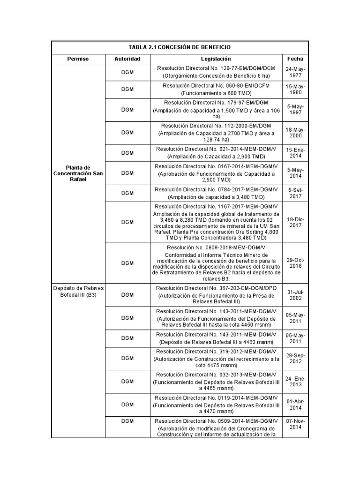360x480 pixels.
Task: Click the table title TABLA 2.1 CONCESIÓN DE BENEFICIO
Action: (180, 48)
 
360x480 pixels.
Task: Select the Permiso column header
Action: (78, 59)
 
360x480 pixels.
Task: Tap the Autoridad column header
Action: (127, 59)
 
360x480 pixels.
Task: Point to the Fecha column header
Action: (295, 59)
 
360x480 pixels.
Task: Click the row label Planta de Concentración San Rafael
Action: (78, 174)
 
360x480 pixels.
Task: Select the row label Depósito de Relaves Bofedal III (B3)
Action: (78, 292)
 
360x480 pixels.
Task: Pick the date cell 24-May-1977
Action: (295, 72)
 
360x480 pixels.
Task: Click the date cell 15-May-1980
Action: (295, 90)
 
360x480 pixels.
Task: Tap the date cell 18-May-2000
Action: (295, 133)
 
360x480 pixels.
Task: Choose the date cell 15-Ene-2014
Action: (295, 153)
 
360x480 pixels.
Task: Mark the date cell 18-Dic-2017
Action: (295, 222)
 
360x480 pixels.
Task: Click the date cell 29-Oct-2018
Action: (295, 262)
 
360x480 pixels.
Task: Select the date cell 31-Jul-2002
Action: (295, 295)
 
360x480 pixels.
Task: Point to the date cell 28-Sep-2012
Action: (295, 358)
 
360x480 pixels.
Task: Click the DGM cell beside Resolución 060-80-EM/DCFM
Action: (127, 90)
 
